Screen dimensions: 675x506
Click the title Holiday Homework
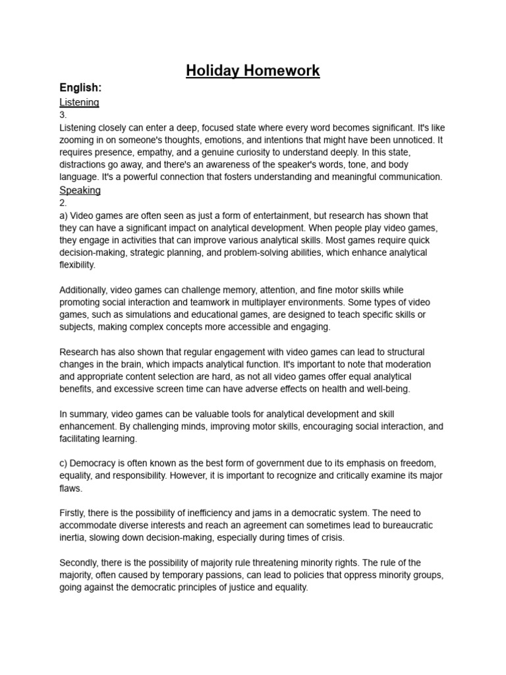tap(252, 71)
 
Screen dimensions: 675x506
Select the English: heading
tap(81, 88)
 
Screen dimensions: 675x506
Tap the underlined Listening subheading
tap(79, 102)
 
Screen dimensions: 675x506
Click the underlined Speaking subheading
tap(80, 191)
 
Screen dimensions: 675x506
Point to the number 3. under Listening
tap(63, 115)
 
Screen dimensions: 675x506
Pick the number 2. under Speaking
tap(63, 203)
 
